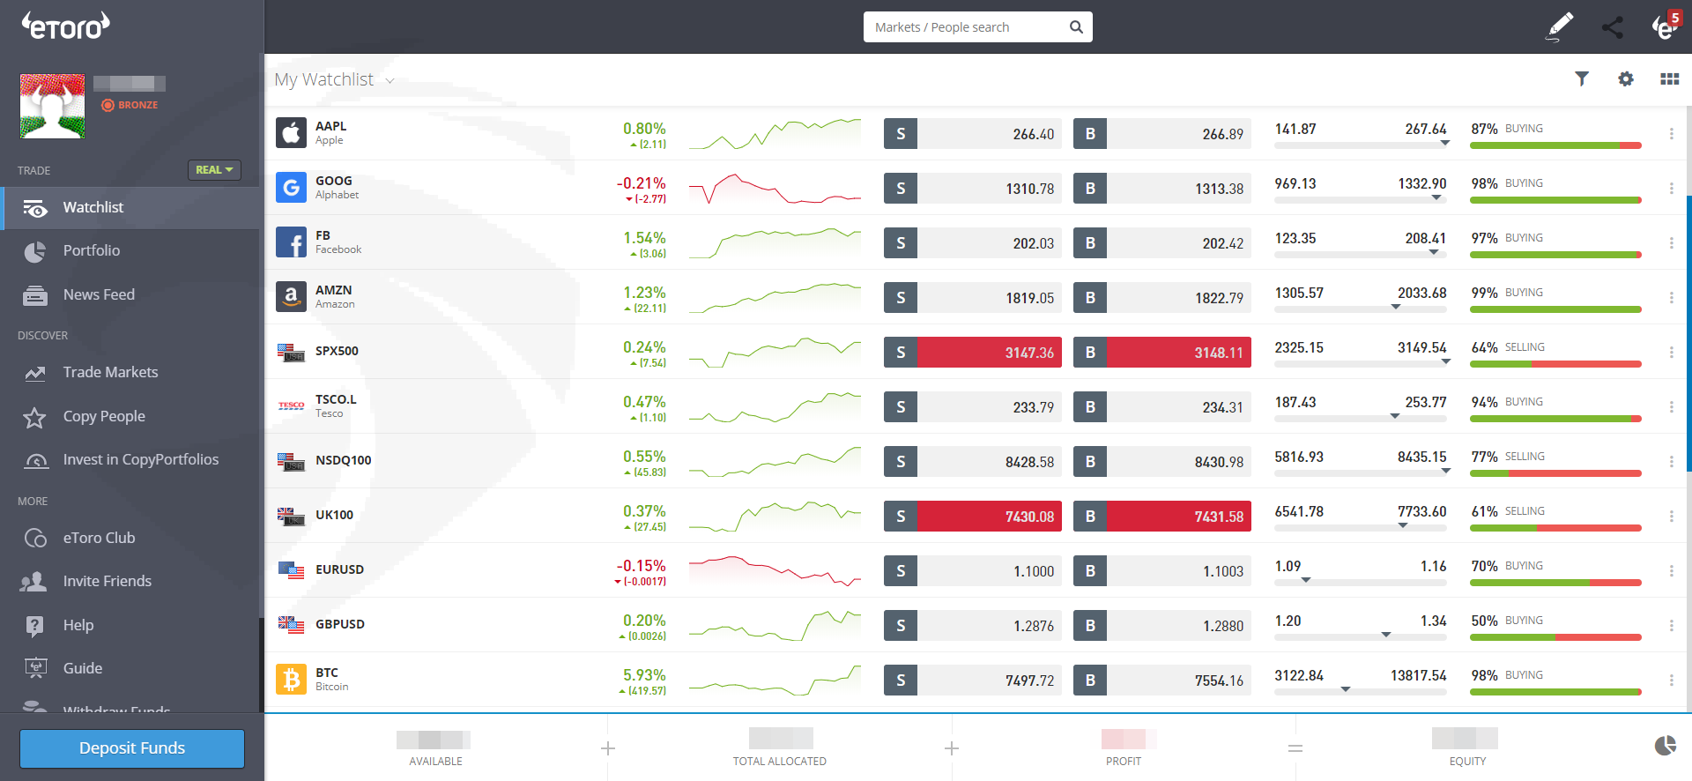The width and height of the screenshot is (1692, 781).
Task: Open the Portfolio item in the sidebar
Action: [x=92, y=251]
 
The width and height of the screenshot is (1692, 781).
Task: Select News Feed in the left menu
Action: [x=99, y=295]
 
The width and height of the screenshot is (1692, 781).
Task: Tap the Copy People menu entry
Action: [x=104, y=417]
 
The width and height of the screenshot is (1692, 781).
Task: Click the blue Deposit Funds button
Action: [x=132, y=748]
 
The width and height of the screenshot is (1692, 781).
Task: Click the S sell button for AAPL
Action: [x=901, y=134]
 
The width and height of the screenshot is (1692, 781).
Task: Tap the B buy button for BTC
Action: [x=1090, y=681]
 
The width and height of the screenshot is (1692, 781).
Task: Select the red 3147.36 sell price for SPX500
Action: [x=990, y=353]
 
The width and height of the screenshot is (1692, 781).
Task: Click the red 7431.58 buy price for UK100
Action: [x=1179, y=517]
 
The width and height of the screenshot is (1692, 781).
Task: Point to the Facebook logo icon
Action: [x=291, y=242]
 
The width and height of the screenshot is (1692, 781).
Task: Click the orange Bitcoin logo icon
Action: [x=291, y=680]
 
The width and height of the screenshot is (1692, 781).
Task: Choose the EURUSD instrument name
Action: [x=339, y=570]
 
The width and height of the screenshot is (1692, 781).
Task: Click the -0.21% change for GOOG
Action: [x=641, y=183]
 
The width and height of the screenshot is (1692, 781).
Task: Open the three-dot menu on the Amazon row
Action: [x=1671, y=298]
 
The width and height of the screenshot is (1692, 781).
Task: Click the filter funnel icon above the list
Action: [x=1582, y=79]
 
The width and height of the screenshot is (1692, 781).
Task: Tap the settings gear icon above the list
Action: [x=1626, y=79]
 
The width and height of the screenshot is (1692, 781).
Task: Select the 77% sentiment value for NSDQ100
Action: [x=1484, y=457]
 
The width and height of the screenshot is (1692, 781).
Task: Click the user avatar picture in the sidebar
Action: [x=53, y=107]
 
